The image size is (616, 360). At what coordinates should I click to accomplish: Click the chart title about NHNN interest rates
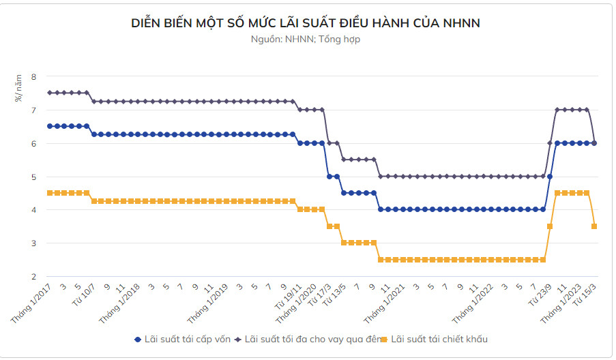pos(306,23)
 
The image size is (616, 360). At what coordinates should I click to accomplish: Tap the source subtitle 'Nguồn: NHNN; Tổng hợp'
pos(306,40)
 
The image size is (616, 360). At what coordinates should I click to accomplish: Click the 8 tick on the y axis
pos(33,76)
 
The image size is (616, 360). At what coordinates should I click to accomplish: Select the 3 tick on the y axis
pos(33,243)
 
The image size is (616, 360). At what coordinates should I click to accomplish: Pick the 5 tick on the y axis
pos(33,177)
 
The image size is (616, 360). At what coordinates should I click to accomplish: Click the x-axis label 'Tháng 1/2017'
pos(33,304)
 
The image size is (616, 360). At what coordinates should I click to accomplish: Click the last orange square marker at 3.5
pos(594,226)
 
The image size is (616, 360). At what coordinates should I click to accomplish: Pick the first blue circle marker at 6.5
pos(50,126)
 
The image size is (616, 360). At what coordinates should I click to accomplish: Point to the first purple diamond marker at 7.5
pos(50,93)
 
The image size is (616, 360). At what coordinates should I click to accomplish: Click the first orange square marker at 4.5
pos(50,193)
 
